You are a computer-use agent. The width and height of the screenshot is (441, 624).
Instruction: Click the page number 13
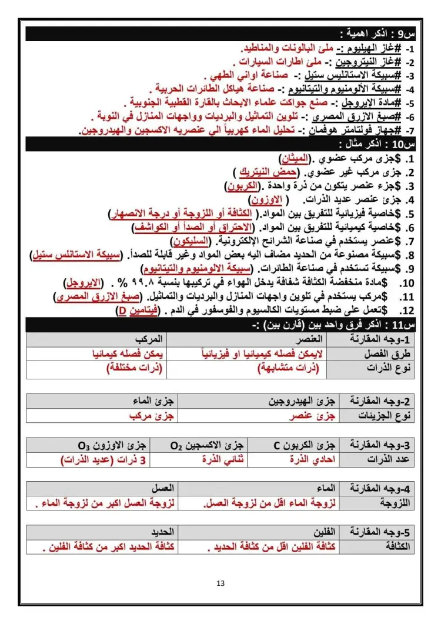(220, 583)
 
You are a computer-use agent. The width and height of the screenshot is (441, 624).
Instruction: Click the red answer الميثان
(294, 159)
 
